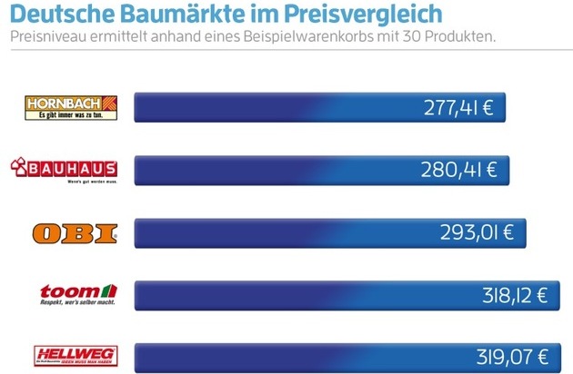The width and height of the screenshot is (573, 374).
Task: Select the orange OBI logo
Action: coord(75,232)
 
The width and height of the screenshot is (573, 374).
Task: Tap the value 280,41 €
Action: coord(458,170)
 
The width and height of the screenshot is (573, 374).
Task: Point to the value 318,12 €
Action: coord(513,294)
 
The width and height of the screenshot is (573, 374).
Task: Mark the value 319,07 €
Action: coord(514,355)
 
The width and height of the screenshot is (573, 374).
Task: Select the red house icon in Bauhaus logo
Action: coord(19,165)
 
